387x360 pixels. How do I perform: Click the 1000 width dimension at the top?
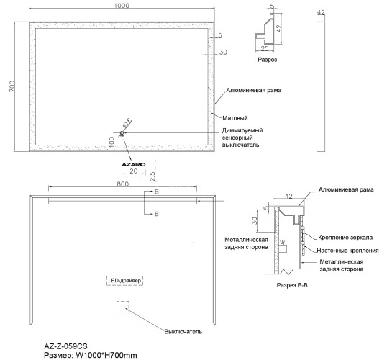[122, 6]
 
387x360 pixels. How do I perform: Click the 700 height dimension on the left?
[12, 86]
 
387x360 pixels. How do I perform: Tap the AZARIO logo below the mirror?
[134, 164]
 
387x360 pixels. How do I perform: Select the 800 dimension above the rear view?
[123, 184]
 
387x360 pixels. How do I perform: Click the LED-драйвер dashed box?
[124, 280]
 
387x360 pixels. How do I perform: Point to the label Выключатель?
[183, 332]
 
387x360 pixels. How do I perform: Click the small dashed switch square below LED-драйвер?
[123, 307]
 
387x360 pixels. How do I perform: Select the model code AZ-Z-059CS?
[65, 346]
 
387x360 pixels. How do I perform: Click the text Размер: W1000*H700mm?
[91, 355]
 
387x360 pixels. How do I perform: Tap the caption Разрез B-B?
[292, 285]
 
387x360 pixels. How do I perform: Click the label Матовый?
[235, 118]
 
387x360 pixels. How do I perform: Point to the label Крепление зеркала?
[345, 238]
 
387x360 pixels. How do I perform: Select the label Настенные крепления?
[347, 251]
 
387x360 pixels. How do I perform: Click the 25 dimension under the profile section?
[265, 49]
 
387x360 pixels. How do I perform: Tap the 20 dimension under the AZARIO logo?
[134, 171]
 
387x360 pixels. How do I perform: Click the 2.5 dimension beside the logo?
[152, 176]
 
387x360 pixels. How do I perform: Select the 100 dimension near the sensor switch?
[111, 142]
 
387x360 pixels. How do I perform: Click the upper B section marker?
[157, 192]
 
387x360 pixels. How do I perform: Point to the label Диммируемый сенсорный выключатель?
[242, 138]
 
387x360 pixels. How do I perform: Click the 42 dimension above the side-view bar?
[321, 12]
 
